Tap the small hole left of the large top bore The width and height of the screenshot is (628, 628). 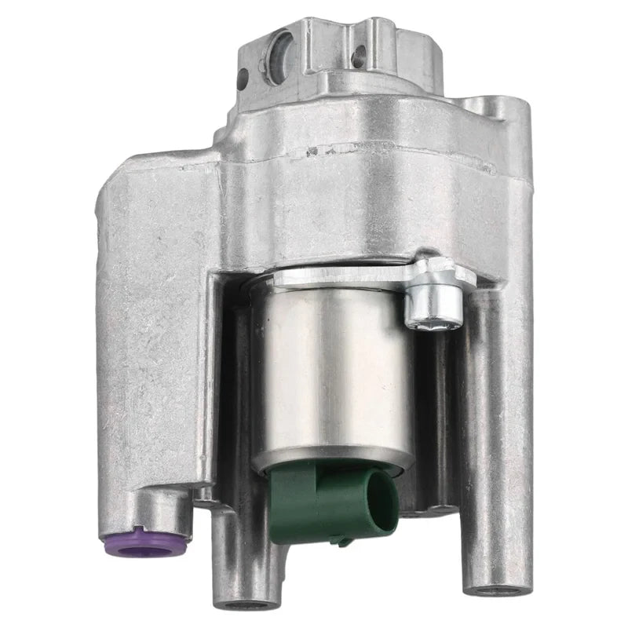coord(242,78)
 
